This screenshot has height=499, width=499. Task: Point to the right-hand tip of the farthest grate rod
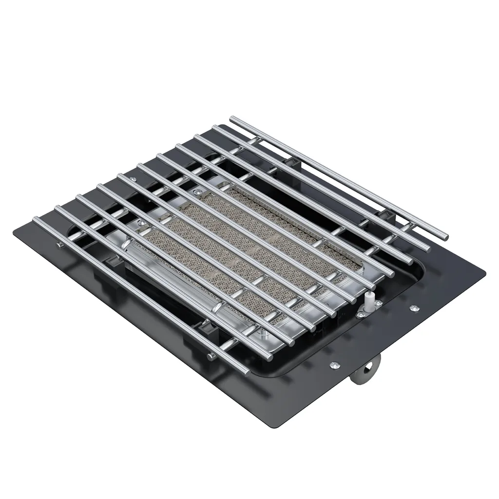(x=445, y=237)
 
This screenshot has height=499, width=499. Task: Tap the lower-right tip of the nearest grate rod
(x=246, y=371)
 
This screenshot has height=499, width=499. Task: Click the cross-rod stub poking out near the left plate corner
(x=58, y=245)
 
